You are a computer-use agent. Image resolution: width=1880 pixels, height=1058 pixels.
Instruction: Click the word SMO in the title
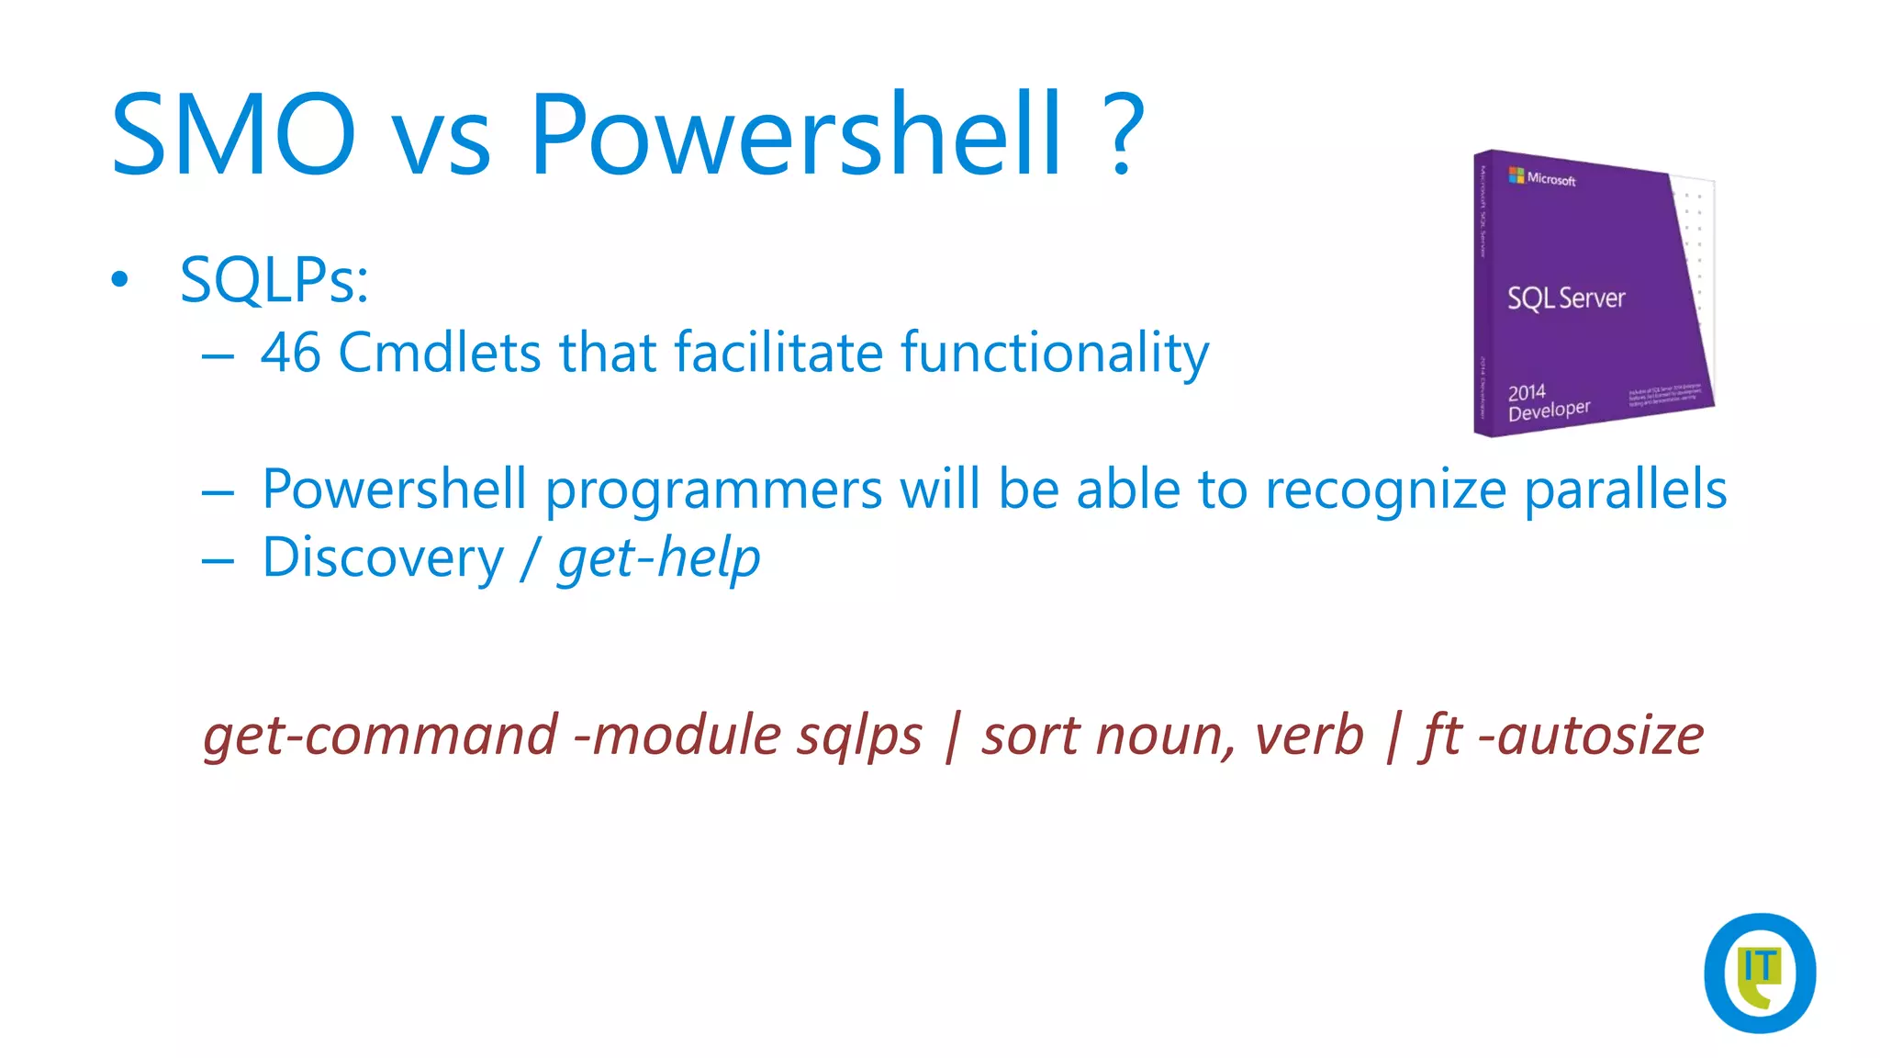point(232,134)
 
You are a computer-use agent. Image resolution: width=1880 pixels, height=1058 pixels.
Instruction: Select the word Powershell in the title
point(795,134)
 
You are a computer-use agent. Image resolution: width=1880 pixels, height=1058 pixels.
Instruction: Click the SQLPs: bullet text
point(274,280)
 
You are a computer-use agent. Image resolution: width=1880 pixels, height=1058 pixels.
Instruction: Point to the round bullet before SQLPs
point(119,279)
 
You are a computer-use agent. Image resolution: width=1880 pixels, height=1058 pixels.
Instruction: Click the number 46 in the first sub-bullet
point(290,353)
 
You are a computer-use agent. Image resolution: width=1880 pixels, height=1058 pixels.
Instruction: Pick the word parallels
point(1625,489)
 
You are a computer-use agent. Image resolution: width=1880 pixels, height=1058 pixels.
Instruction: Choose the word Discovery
point(383,558)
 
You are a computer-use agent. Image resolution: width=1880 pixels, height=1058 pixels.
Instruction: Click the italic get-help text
point(658,558)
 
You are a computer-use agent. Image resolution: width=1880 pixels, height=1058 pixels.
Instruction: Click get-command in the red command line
point(380,737)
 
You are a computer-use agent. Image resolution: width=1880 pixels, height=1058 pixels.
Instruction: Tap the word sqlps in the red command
point(858,737)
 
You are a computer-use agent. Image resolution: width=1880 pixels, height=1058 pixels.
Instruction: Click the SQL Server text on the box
point(1565,298)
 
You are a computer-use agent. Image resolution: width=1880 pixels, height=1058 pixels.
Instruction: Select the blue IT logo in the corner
point(1759,973)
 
